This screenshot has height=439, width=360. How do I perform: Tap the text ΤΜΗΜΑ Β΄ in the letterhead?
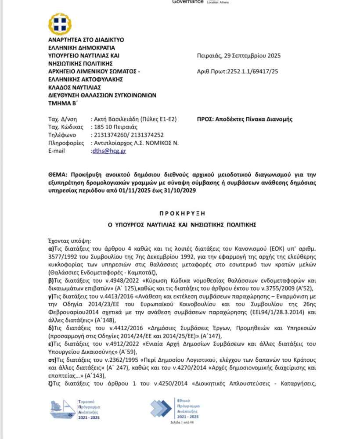(x=61, y=103)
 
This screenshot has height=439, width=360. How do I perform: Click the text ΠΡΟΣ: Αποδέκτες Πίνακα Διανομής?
(x=245, y=119)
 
